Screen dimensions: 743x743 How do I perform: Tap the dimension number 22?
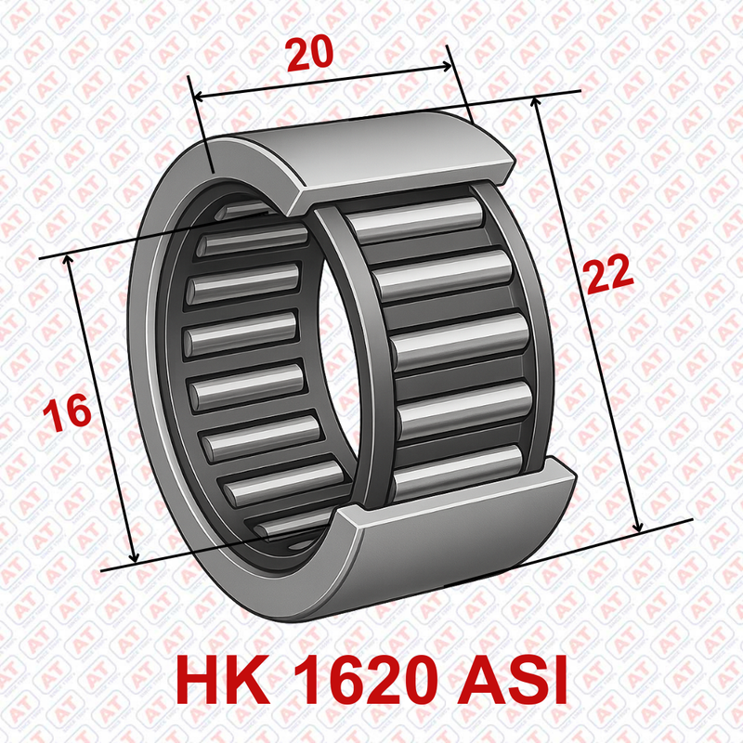[x=608, y=274]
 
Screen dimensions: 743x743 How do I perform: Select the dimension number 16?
[x=67, y=412]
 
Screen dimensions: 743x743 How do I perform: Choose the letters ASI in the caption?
[x=512, y=682]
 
